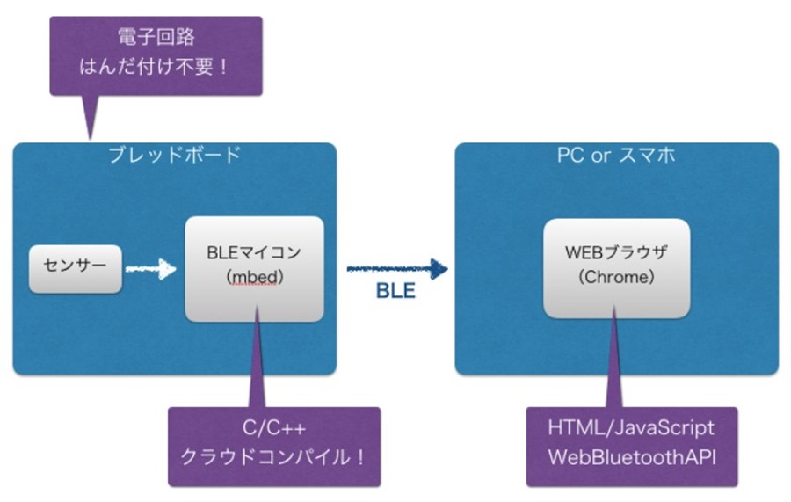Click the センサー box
[x=76, y=269]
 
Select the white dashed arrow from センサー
[x=150, y=269]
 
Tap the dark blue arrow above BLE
[x=397, y=268]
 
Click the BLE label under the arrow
[x=396, y=291]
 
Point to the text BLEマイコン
[x=254, y=252]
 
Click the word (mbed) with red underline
[x=254, y=277]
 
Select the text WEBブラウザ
[x=616, y=252]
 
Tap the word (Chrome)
[x=616, y=277]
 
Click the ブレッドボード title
[x=175, y=155]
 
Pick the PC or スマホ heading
[x=616, y=155]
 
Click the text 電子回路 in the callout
[x=156, y=37]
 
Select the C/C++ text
[x=274, y=428]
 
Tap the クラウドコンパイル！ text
[x=273, y=457]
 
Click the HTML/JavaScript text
[x=631, y=428]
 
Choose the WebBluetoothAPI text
[x=632, y=457]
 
